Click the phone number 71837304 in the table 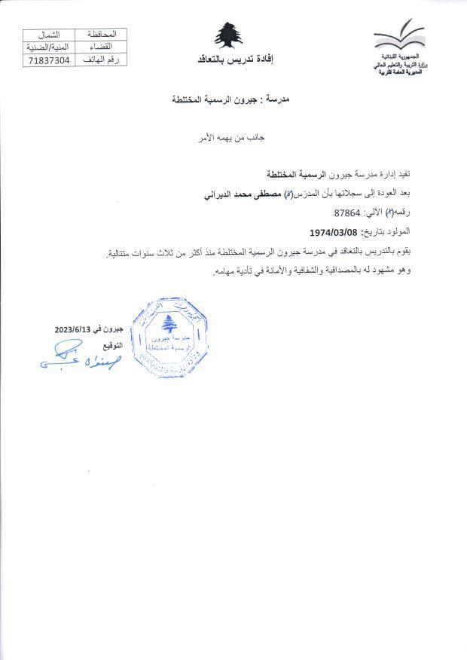pyautogui.click(x=48, y=59)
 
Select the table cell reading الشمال pyautogui.click(x=48, y=35)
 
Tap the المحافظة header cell pyautogui.click(x=101, y=35)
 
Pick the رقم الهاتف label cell pyautogui.click(x=101, y=59)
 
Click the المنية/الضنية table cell pyautogui.click(x=48, y=47)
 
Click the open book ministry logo pyautogui.click(x=399, y=37)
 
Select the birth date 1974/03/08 pyautogui.click(x=333, y=232)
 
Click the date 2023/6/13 pyautogui.click(x=73, y=329)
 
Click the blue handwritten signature pyautogui.click(x=79, y=358)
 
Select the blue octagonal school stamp pyautogui.click(x=169, y=335)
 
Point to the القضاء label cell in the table pyautogui.click(x=101, y=47)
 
